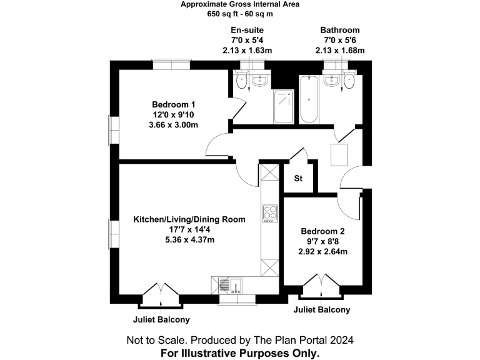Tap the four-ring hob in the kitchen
[270, 213]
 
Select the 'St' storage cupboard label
[298, 179]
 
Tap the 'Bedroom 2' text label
[322, 231]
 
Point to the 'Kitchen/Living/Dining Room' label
[189, 219]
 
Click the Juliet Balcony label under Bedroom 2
[322, 310]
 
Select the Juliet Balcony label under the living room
[161, 319]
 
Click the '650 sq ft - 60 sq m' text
[240, 14]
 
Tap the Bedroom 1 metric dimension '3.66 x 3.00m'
[174, 125]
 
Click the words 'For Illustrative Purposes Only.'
[240, 353]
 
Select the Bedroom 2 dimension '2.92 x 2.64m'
[322, 252]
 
